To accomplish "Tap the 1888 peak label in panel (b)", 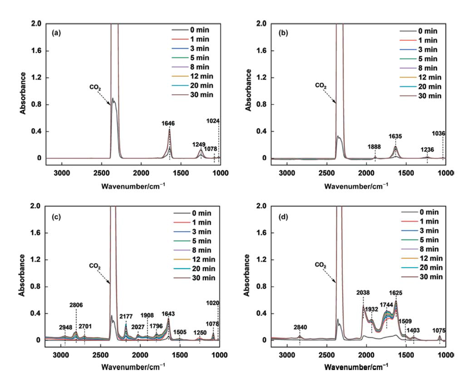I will (375, 147).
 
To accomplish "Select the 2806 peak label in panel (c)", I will (76, 306).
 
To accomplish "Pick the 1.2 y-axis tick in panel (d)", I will (261, 260).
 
